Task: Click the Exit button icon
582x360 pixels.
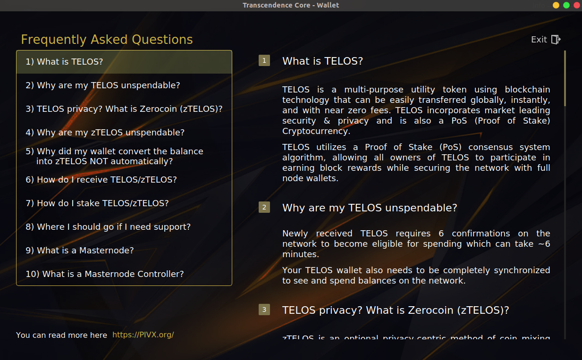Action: (556, 40)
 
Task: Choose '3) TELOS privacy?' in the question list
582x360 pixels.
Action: (124, 109)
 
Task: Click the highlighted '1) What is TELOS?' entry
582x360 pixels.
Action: (124, 62)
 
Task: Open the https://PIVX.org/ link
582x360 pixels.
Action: (143, 335)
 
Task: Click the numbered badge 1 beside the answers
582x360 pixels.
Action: (264, 60)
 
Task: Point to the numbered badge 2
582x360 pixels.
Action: (264, 207)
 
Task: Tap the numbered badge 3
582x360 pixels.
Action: (264, 310)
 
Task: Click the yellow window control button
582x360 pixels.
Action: (556, 5)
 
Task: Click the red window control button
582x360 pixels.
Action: (577, 5)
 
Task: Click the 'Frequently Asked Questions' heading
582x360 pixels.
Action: (107, 40)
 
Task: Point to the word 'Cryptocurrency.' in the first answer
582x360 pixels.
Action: (316, 132)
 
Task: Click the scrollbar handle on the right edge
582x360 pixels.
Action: (565, 78)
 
